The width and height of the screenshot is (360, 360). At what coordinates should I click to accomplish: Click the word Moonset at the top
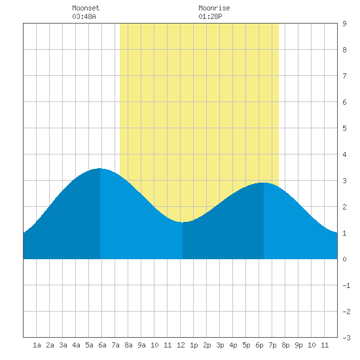[86, 8]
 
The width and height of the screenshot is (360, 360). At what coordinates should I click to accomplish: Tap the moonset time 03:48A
[84, 16]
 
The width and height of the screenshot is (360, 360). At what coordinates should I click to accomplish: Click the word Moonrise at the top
[214, 8]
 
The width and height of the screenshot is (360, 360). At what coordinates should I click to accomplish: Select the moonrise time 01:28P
[210, 16]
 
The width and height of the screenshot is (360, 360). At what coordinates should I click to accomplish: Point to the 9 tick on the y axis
[344, 24]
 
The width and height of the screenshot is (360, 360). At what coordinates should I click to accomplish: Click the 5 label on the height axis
[344, 128]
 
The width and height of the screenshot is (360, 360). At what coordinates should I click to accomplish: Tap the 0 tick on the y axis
[344, 259]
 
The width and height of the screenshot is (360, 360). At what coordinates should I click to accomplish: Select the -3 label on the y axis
[346, 338]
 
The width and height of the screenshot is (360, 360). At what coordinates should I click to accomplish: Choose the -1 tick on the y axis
[346, 285]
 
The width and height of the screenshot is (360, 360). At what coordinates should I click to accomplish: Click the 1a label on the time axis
[37, 345]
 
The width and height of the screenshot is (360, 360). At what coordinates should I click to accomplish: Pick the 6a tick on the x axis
[102, 345]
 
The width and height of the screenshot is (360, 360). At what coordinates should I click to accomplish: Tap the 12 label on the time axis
[181, 345]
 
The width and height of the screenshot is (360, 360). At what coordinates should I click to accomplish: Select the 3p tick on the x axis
[220, 345]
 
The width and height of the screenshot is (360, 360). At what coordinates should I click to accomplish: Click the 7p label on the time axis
[272, 345]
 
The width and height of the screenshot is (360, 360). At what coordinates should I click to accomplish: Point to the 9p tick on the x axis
[298, 345]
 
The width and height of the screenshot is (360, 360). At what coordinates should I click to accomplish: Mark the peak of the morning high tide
[99, 168]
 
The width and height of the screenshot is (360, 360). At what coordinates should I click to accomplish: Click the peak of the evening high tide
[264, 183]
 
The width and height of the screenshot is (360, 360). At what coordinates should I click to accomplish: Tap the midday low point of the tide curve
[183, 222]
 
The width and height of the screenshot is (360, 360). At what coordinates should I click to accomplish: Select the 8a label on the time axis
[128, 345]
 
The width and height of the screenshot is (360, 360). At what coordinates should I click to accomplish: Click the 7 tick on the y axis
[344, 76]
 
